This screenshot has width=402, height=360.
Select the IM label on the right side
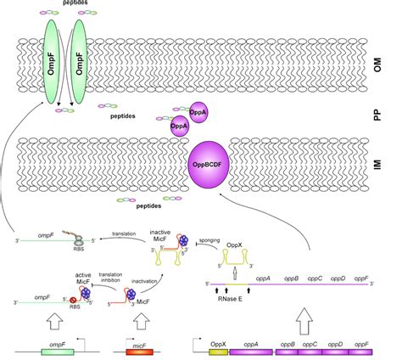385,159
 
